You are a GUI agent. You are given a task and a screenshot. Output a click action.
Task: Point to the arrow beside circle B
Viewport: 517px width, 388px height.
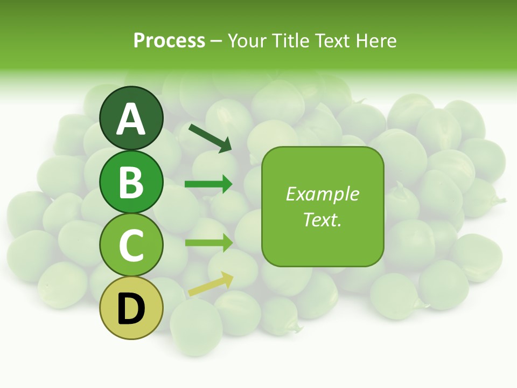point(209,184)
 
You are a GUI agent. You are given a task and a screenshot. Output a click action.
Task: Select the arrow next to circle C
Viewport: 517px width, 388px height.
point(209,242)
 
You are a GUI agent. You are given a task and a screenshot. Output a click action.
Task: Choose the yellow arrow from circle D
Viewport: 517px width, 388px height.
point(211,284)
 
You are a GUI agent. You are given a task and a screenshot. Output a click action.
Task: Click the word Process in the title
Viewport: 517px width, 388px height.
point(169,40)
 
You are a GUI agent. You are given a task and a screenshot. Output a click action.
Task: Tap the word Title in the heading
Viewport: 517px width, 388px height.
point(291,40)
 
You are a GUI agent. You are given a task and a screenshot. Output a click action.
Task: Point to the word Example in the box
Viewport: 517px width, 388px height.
point(322,194)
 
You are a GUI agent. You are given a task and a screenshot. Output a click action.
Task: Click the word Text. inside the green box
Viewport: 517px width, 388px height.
point(322,219)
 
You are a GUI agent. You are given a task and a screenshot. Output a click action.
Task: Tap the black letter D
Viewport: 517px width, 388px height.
point(131,309)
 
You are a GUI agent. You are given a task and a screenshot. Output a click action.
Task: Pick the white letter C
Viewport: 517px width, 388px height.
point(131,246)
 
